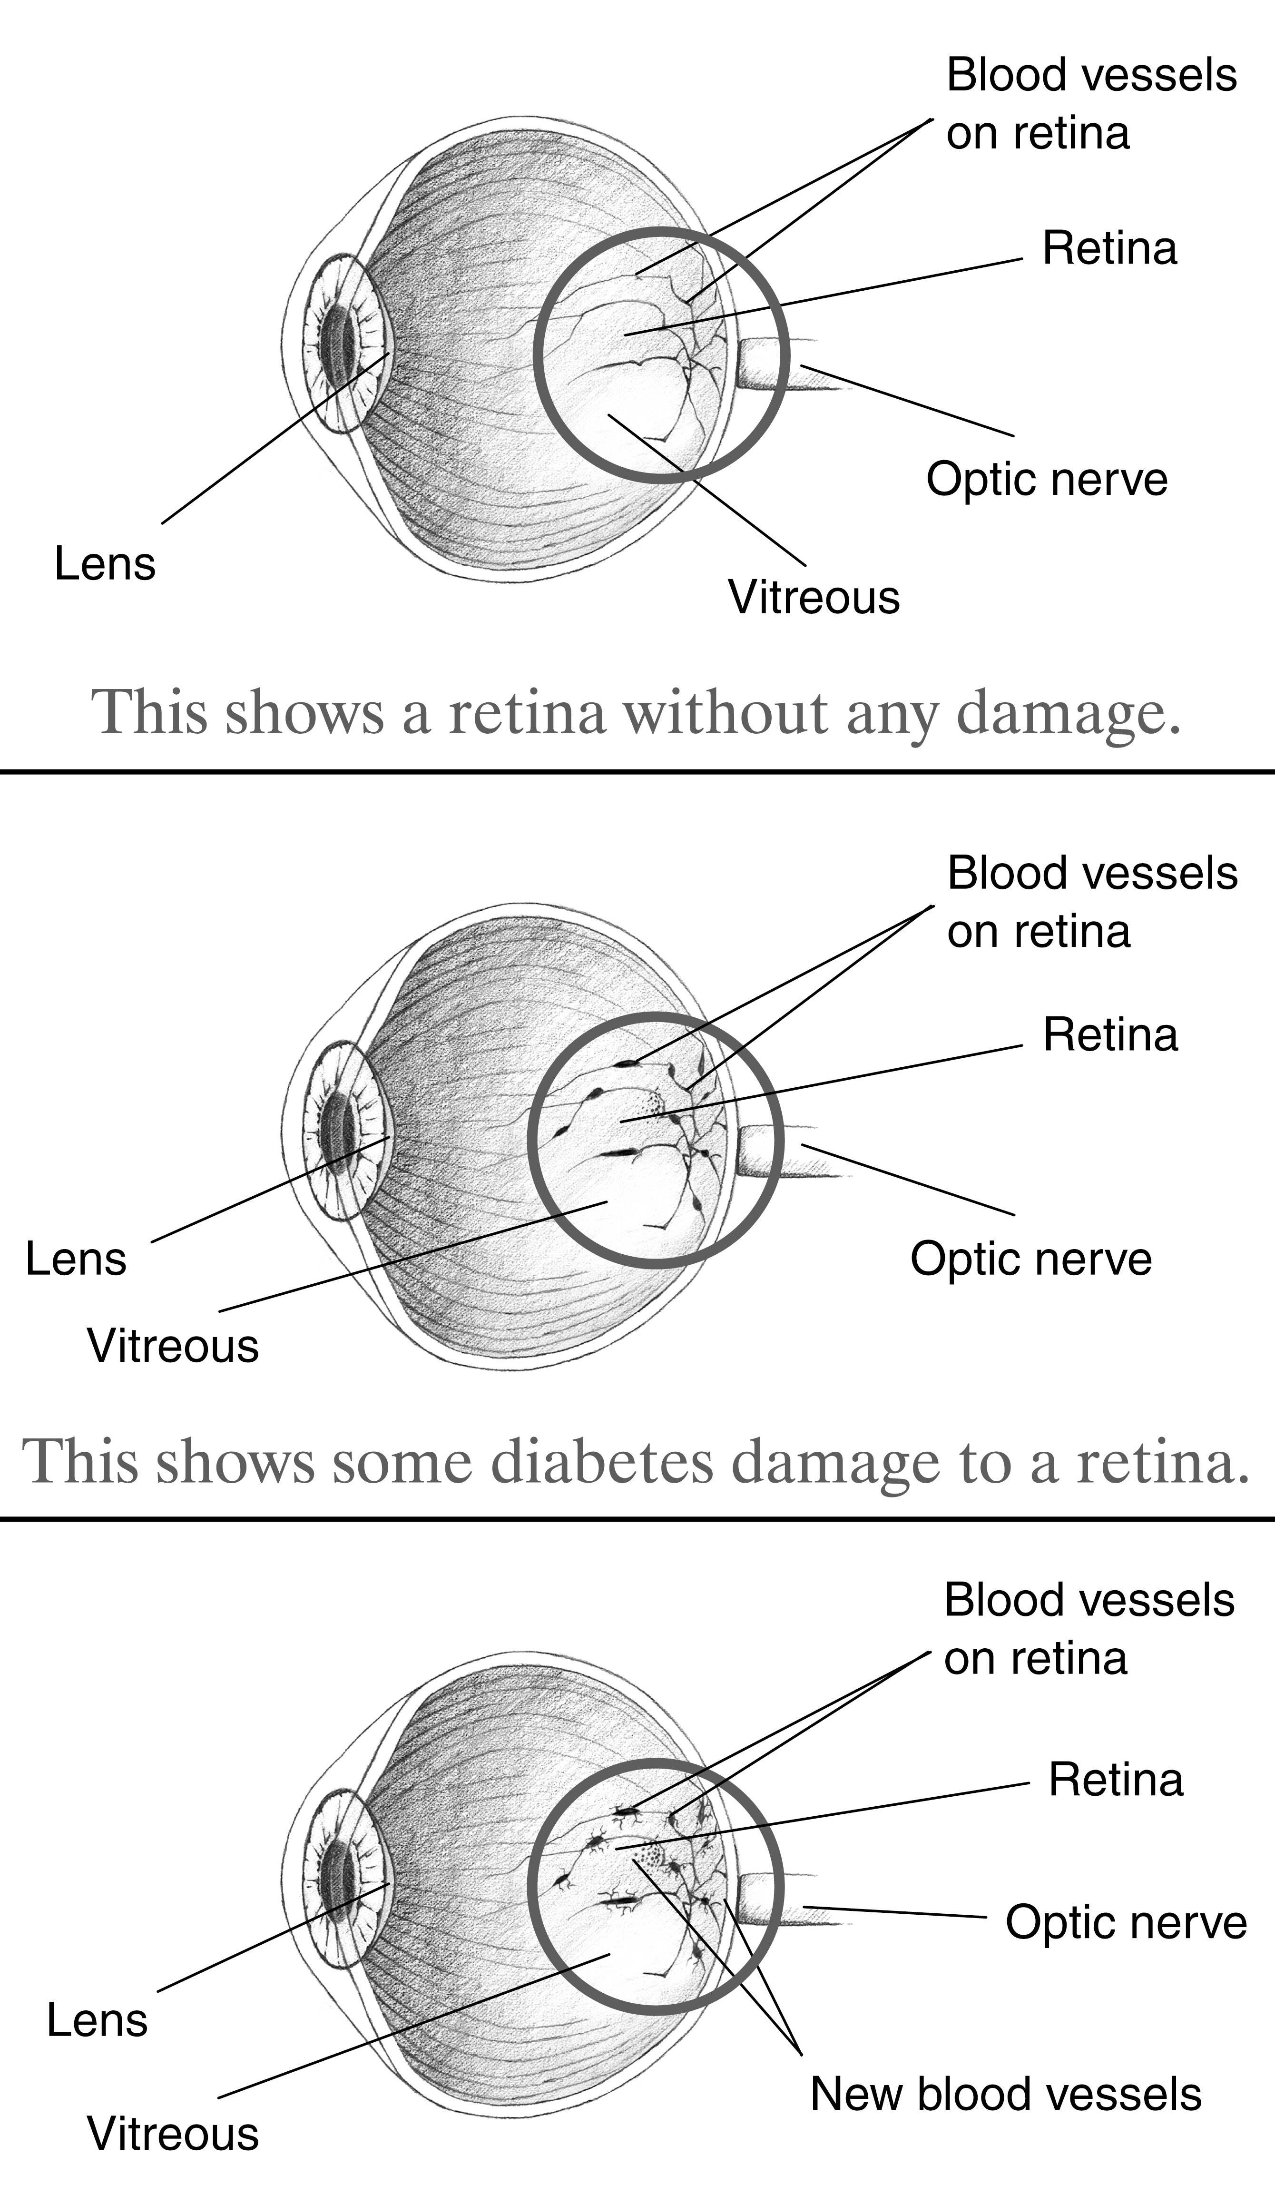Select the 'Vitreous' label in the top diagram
tap(814, 598)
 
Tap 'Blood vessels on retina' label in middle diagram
tap(1092, 903)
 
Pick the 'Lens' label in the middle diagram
tap(76, 1259)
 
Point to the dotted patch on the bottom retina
tap(649, 1857)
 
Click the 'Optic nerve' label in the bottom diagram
tap(1127, 1923)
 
